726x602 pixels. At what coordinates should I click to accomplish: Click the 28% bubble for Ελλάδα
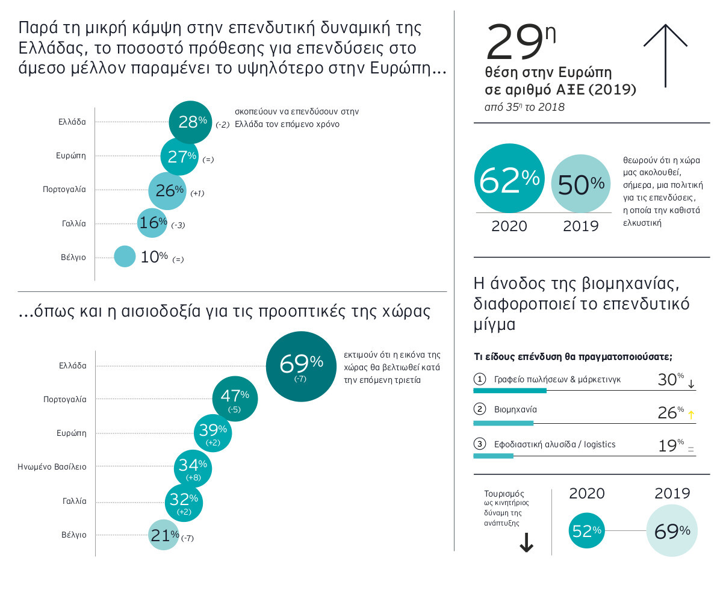pos(190,122)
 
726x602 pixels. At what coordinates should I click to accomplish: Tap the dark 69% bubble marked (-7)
pos(301,366)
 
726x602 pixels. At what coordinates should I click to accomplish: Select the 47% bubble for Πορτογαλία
pos(235,399)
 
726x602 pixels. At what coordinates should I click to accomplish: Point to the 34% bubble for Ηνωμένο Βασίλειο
pos(193,468)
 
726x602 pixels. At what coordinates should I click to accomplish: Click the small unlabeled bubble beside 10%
pos(125,256)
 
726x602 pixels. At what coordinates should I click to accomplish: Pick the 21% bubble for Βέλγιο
pos(164,534)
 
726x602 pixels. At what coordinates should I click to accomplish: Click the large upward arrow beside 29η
pos(665,55)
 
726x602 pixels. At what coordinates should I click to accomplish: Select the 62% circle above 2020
pos(509,179)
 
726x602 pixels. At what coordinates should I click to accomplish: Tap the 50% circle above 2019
pos(581,184)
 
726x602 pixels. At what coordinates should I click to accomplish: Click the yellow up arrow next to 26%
pos(691,415)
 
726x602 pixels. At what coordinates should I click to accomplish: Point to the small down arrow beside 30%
pos(691,384)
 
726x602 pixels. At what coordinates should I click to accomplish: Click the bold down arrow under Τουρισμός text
pos(526,544)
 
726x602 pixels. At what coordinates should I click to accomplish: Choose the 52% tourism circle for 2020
pos(586,530)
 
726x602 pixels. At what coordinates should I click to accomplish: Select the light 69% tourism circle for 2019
pos(672,530)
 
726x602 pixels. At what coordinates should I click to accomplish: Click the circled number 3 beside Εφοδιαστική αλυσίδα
pos(480,444)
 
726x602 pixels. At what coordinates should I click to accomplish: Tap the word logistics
pos(600,444)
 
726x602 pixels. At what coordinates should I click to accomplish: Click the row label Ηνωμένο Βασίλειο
pos(52,467)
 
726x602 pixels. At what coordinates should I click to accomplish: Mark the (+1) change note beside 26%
pos(197,193)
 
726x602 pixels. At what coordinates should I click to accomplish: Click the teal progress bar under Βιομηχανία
pos(503,423)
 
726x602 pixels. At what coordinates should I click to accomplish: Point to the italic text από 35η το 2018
pos(524,107)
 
